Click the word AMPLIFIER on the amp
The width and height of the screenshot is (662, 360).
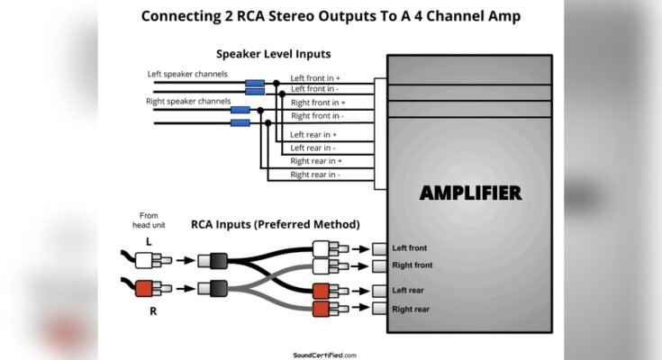(x=470, y=193)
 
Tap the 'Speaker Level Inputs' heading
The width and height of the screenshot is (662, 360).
(x=273, y=54)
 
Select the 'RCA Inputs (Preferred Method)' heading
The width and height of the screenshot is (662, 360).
(x=275, y=224)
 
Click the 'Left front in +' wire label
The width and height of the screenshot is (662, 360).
(x=314, y=78)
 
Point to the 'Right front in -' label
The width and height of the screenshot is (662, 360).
(x=316, y=116)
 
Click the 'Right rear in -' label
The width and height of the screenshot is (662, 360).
(x=315, y=174)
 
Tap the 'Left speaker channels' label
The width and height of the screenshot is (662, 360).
(x=187, y=73)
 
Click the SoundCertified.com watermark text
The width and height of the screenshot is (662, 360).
(x=325, y=355)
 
